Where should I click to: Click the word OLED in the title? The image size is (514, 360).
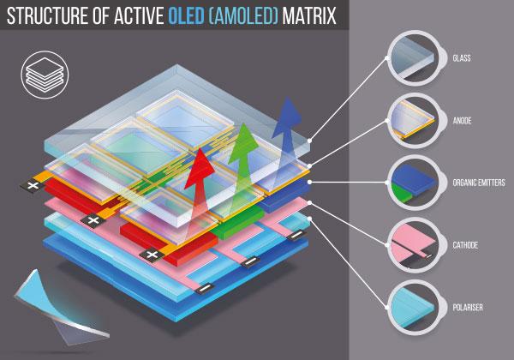pyautogui.click(x=186, y=15)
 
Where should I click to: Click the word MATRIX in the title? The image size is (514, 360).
pyautogui.click(x=309, y=15)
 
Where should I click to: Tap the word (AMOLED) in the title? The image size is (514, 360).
pyautogui.click(x=243, y=15)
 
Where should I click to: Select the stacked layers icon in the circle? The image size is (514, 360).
pyautogui.click(x=45, y=75)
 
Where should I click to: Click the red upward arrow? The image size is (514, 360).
pyautogui.click(x=199, y=194)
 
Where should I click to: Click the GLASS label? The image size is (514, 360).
pyautogui.click(x=462, y=58)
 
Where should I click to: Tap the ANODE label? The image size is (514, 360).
pyautogui.click(x=462, y=121)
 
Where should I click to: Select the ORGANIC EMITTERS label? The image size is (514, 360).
pyautogui.click(x=479, y=183)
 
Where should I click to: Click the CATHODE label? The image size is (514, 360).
pyautogui.click(x=465, y=245)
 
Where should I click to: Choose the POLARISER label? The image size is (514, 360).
pyautogui.click(x=468, y=307)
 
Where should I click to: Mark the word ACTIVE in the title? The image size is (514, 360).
pyautogui.click(x=139, y=15)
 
